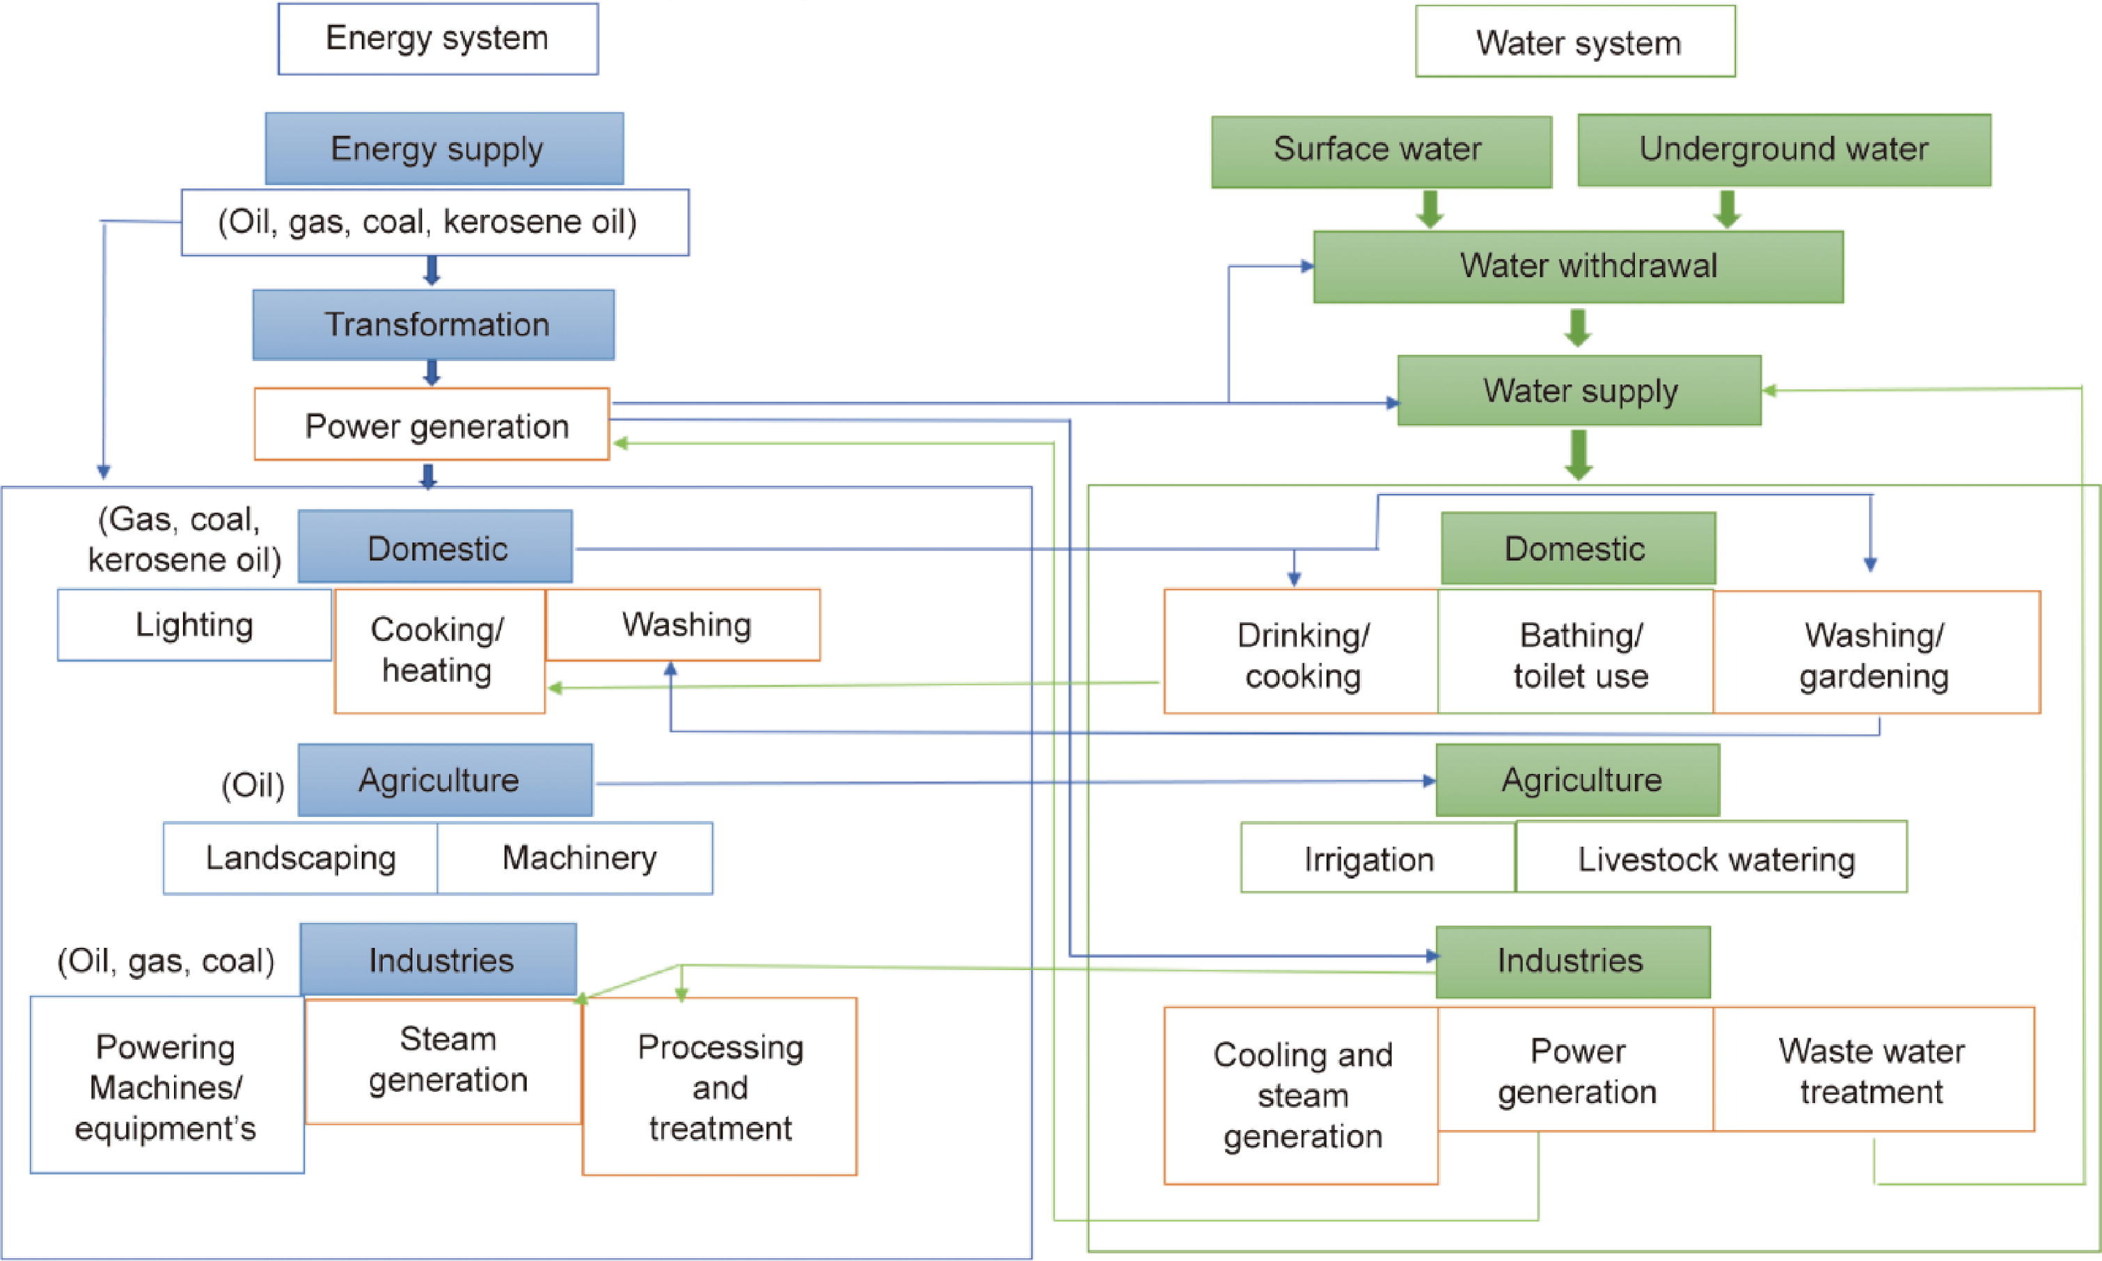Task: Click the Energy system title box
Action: coord(438,39)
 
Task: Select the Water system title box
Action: coord(1575,42)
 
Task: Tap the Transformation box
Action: coord(434,324)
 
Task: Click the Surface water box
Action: coord(1381,150)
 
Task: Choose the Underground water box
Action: coord(1783,150)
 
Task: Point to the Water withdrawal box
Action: coord(1578,266)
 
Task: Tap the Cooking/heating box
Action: coord(438,650)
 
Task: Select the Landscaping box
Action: coord(300,857)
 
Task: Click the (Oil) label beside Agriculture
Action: coord(253,784)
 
